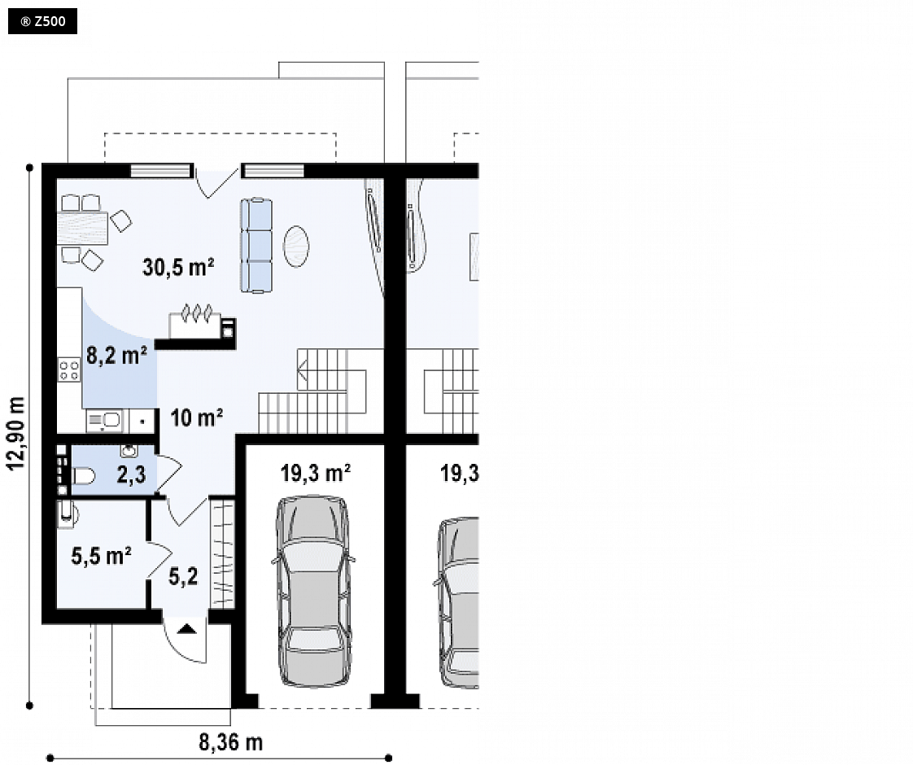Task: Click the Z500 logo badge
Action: coord(42,21)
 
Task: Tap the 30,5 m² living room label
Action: coord(178,267)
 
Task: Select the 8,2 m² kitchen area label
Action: coord(116,354)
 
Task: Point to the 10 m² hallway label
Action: coord(197,417)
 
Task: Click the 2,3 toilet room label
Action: coord(132,474)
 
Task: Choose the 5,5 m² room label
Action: coord(102,555)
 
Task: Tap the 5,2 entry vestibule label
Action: coord(183,576)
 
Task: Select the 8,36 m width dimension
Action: coord(230,742)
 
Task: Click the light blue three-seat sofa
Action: coord(257,245)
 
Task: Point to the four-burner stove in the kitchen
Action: coord(69,370)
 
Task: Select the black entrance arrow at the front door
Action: coord(186,628)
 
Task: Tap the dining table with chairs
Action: coord(83,228)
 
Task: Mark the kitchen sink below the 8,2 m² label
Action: coord(105,420)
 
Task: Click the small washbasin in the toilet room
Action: coord(129,450)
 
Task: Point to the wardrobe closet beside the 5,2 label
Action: coord(222,553)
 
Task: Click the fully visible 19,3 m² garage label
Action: coord(315,474)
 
